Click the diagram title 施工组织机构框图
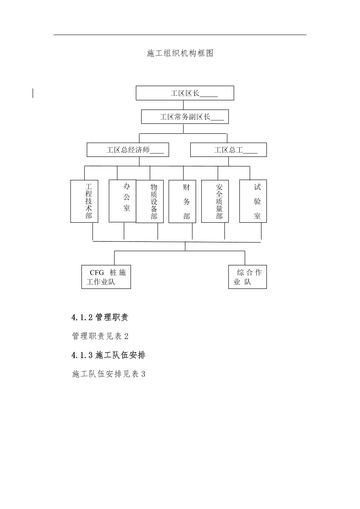pyautogui.click(x=180, y=53)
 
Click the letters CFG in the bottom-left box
pyautogui.click(x=97, y=272)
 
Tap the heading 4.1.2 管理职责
pyautogui.click(x=100, y=317)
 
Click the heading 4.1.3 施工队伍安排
pyautogui.click(x=108, y=355)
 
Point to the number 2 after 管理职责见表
pyautogui.click(x=126, y=336)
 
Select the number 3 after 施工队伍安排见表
pyautogui.click(x=143, y=374)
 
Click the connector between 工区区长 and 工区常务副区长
pyautogui.click(x=184, y=105)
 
